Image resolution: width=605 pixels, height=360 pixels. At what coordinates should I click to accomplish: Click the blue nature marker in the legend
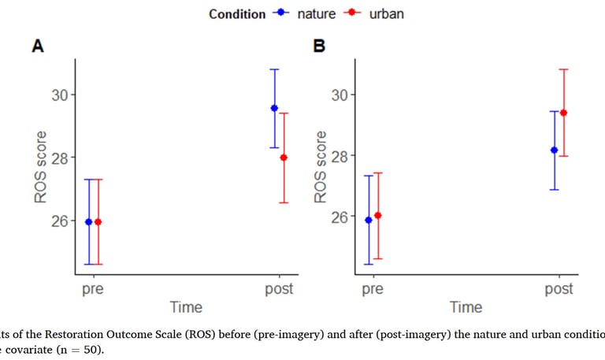pos(282,13)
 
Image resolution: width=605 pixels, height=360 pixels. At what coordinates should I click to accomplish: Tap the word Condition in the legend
pos(237,14)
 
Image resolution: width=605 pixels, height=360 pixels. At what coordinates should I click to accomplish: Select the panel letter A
pos(37,46)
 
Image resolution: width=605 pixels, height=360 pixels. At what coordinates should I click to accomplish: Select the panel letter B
pos(320,46)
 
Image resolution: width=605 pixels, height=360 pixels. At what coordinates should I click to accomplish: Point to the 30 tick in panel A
pos(60,95)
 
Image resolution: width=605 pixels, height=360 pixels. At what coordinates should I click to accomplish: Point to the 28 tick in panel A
pos(60,157)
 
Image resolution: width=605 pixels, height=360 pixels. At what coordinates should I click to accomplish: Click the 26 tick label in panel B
pos(340,217)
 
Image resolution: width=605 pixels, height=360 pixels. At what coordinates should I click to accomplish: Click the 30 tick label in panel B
pos(340,95)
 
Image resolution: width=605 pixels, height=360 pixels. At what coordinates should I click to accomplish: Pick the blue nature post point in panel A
pos(274,108)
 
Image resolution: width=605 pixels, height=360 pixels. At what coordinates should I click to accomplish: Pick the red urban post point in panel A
pos(284,158)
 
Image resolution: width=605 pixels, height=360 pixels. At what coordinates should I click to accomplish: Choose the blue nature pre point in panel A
pos(88,222)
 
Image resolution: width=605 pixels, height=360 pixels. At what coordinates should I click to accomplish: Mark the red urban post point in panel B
pos(563,113)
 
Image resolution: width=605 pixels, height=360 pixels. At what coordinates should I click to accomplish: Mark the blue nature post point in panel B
pos(554,150)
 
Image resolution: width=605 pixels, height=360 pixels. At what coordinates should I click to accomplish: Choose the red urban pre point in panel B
pos(377,215)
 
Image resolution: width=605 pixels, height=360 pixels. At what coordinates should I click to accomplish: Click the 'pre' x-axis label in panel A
pos(93,289)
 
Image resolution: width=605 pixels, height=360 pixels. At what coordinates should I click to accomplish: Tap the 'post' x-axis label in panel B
pos(559,289)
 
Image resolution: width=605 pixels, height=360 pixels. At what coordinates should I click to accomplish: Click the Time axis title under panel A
pos(186,307)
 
